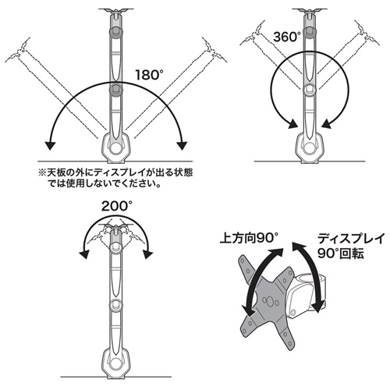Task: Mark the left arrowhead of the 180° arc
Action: (x=49, y=144)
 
